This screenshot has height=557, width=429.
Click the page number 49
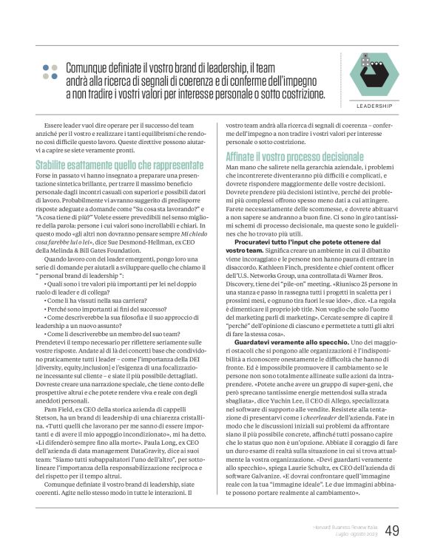coord(393,531)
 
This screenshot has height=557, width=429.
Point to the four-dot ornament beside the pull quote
coord(50,71)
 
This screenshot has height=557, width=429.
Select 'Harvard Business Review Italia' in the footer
coord(340,526)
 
